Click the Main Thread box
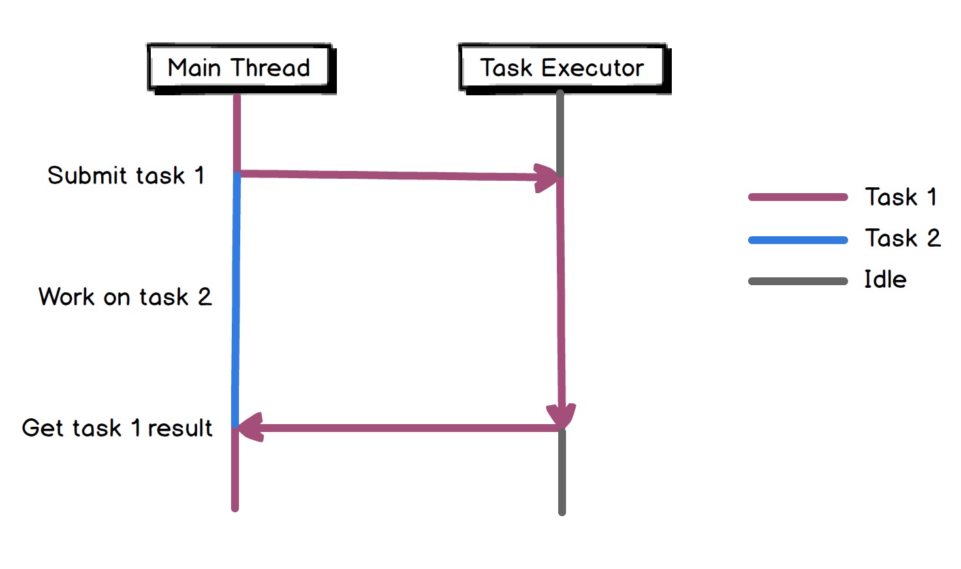[x=240, y=68]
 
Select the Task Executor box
[x=562, y=68]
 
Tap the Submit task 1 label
[x=126, y=176]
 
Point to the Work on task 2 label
[x=125, y=297]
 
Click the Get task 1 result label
[x=117, y=428]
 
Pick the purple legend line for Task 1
[x=797, y=197]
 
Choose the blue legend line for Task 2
[x=797, y=240]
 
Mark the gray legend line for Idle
[x=797, y=281]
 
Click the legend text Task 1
[x=901, y=197]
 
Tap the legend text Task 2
[x=903, y=238]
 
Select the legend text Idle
[x=885, y=280]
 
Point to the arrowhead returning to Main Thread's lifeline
[x=250, y=427]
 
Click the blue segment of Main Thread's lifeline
[x=236, y=300]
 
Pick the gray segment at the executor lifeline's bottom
[x=561, y=473]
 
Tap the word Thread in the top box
[x=270, y=68]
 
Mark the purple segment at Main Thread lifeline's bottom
[x=235, y=470]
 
